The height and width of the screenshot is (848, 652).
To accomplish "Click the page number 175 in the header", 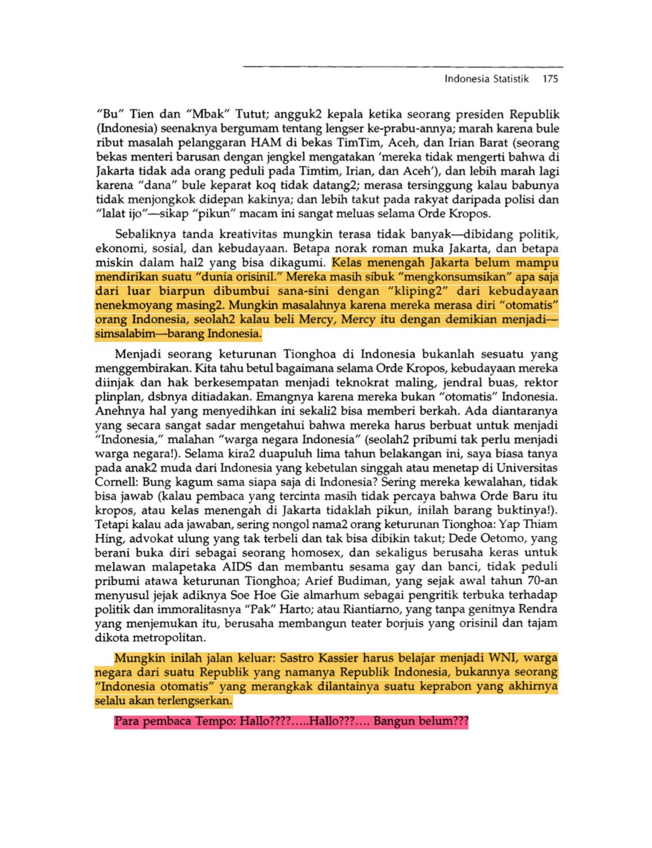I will (550, 79).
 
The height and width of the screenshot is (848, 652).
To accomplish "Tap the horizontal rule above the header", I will (403, 67).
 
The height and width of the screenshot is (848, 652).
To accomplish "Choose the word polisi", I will (523, 200).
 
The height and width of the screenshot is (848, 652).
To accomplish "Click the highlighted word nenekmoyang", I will (129, 306).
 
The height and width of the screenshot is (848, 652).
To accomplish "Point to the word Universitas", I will (527, 468).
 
